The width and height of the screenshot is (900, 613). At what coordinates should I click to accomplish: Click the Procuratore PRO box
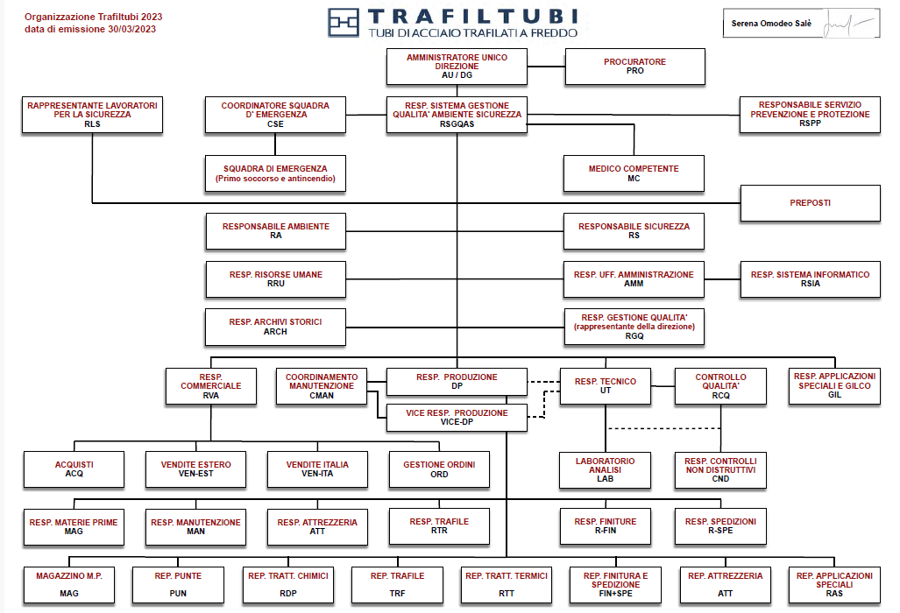pos(635,67)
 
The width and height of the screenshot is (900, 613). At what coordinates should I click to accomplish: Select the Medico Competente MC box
pos(634,173)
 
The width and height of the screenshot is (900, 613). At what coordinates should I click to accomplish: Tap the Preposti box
pos(810,203)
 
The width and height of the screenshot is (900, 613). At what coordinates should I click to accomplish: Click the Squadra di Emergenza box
pos(275,173)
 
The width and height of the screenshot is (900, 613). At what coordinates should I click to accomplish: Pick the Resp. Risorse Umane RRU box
pos(275,278)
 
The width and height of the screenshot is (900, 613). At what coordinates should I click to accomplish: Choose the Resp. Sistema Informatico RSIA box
pos(810,278)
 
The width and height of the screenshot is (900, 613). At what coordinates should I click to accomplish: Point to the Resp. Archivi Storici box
pos(275,327)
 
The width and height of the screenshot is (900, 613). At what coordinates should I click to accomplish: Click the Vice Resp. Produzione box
pos(457,417)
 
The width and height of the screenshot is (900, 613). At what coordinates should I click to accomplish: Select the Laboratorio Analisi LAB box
pos(605,469)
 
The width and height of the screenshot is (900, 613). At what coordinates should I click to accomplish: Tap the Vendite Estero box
pos(195,469)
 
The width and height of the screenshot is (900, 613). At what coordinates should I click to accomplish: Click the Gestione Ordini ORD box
pos(439,469)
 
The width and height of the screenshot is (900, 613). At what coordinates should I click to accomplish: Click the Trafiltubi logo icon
pos(344,23)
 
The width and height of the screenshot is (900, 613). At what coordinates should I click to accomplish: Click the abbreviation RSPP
pos(810,123)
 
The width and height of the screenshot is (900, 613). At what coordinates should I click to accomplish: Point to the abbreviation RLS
pos(92,123)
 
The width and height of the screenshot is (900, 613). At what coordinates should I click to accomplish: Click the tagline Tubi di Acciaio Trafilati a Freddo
pos(473,32)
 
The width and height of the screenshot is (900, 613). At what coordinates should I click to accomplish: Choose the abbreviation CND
pos(720,479)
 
